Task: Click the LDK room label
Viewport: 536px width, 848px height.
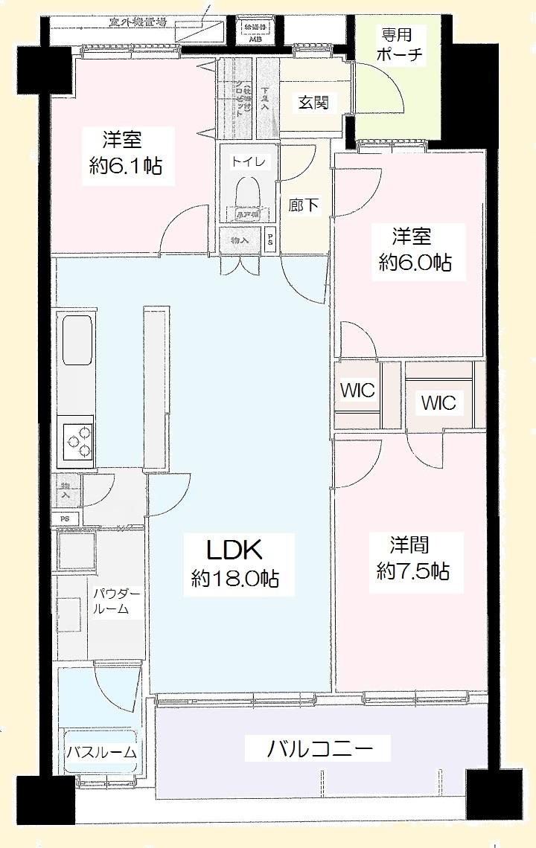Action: pos(233,550)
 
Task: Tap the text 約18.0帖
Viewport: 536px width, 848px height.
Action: pos(234,579)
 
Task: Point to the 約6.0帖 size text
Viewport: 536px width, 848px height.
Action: pos(415,263)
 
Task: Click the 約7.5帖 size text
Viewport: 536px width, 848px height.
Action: pos(412,571)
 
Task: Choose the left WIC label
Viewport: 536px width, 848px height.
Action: pos(357,391)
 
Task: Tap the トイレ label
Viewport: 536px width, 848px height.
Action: pos(243,161)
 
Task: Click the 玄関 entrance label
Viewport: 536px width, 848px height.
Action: pos(313,103)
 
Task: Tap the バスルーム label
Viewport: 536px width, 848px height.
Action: pos(102,753)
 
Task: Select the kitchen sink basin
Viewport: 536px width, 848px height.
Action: pos(77,339)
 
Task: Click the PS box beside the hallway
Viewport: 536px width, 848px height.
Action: pos(270,240)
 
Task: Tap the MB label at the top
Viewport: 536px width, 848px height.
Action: pos(255,39)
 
